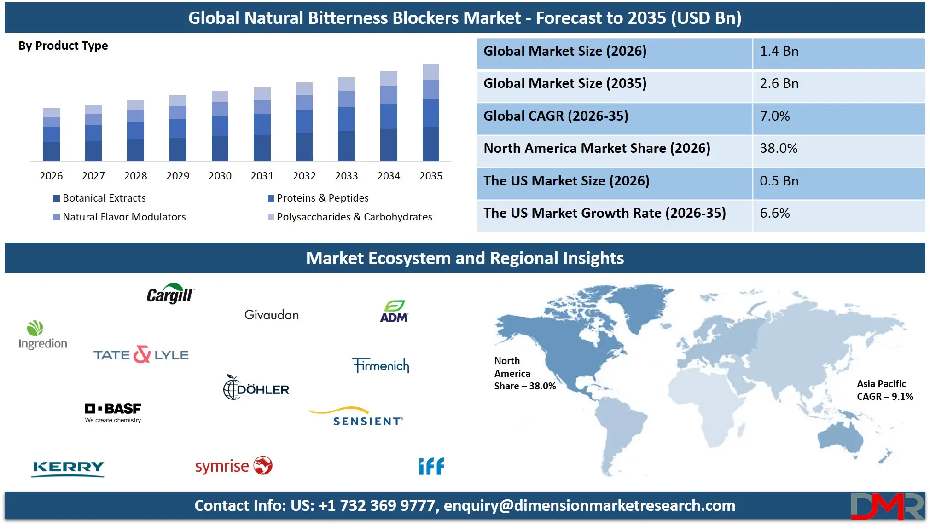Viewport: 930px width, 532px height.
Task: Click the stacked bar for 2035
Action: (x=430, y=113)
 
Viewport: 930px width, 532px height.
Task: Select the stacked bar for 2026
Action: (x=51, y=135)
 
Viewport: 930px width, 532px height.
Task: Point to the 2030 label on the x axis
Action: (x=220, y=176)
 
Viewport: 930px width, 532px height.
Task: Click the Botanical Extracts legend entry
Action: (x=99, y=198)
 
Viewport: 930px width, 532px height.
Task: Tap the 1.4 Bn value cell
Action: (x=838, y=52)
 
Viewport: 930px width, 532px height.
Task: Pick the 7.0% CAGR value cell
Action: (x=838, y=116)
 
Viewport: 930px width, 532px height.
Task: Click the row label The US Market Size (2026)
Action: (x=566, y=181)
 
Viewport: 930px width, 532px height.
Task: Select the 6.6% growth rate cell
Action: (x=838, y=214)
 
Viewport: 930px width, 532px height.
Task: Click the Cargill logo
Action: (x=170, y=294)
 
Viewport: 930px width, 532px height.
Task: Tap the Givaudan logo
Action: (x=272, y=315)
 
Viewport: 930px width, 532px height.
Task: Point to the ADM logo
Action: (x=394, y=312)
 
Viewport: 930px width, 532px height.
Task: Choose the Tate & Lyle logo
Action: (x=141, y=355)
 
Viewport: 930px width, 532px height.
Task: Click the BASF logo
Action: (x=113, y=412)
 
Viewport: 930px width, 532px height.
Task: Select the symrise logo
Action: (x=233, y=466)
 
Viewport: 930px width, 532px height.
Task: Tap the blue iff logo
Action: (x=431, y=466)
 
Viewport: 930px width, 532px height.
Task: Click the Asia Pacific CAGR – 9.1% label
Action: (x=884, y=390)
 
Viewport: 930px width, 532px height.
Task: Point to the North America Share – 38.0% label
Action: (x=524, y=374)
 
